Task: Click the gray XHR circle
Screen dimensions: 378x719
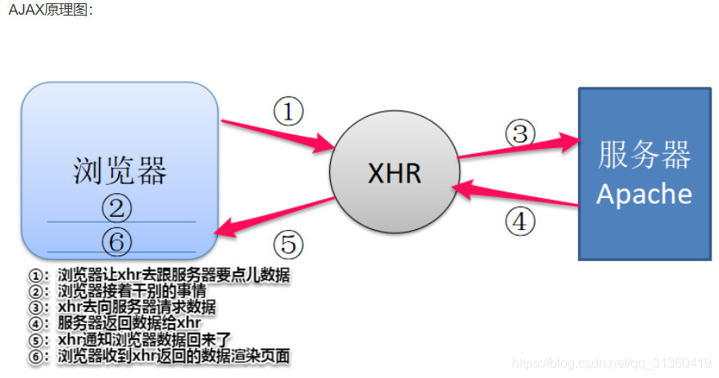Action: (394, 173)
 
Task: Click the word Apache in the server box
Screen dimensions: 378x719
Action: (644, 194)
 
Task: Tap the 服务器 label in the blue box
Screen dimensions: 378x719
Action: (644, 155)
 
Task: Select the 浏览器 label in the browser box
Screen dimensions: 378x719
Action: (120, 171)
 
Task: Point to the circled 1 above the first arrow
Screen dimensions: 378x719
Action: (288, 111)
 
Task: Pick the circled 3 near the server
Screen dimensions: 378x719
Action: (519, 133)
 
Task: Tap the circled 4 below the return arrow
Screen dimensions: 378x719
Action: (519, 221)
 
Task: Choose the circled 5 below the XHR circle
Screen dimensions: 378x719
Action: (287, 244)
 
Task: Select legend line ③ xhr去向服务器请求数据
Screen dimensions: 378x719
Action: (123, 307)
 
